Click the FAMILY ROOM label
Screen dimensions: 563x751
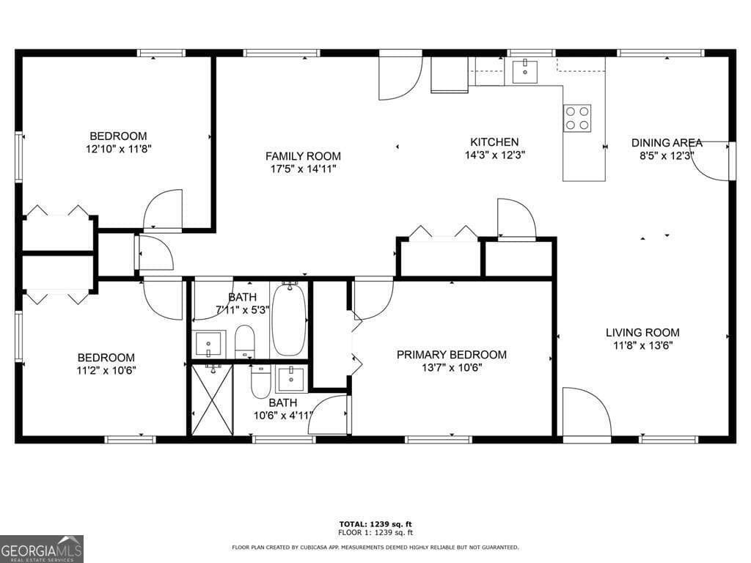[x=303, y=156]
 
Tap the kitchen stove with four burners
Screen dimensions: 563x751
[x=577, y=118]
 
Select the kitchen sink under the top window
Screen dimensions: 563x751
[x=525, y=72]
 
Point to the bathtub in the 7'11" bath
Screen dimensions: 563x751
[x=289, y=320]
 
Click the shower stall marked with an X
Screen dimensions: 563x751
[x=212, y=400]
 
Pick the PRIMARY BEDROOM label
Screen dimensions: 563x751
[x=451, y=355]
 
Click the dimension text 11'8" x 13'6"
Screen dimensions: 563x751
[x=642, y=345]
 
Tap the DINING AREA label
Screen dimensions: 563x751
[x=667, y=143]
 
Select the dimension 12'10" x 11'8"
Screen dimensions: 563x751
[x=118, y=149]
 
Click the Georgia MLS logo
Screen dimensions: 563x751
[x=42, y=548]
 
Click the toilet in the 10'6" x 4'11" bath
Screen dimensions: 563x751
[x=260, y=381]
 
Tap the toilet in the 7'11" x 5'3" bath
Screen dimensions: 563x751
[x=245, y=342]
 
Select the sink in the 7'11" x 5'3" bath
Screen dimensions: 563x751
[x=210, y=343]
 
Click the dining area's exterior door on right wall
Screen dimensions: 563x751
[x=711, y=161]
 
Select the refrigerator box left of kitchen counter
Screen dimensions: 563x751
[x=449, y=75]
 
